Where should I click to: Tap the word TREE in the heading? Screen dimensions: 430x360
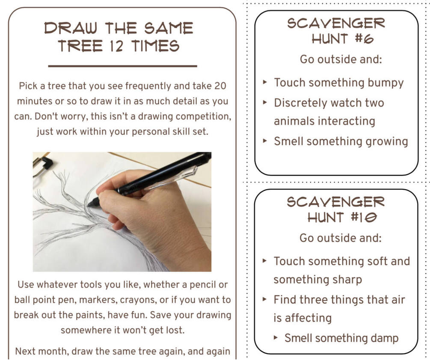[x=80, y=46]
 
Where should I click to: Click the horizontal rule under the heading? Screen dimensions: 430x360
[x=123, y=66]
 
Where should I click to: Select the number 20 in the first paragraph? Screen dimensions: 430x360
[x=220, y=86]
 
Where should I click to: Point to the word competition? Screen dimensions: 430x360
[x=203, y=116]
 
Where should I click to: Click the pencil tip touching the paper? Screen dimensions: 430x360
[x=89, y=204]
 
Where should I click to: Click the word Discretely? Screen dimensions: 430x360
[x=300, y=103]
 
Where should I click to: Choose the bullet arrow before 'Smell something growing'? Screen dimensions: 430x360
[x=265, y=141]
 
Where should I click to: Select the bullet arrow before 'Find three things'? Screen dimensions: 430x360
[x=265, y=299]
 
